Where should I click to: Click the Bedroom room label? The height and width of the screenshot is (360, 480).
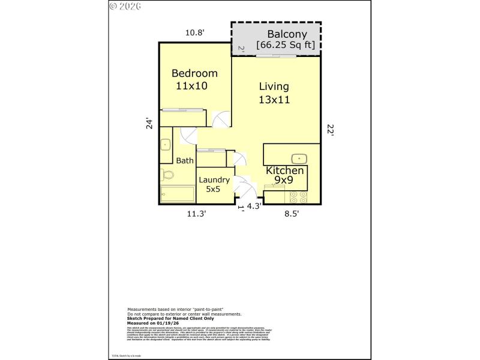tap(194, 73)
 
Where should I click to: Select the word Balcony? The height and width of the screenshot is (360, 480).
tap(287, 34)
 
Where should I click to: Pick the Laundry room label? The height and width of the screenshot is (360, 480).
tap(214, 179)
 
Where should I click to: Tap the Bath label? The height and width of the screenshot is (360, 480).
tap(185, 160)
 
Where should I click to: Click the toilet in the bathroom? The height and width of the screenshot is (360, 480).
tap(167, 175)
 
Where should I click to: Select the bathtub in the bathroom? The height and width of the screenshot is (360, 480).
tap(177, 194)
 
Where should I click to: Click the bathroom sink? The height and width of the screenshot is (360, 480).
tap(165, 145)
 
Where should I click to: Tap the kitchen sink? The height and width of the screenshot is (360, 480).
tap(298, 158)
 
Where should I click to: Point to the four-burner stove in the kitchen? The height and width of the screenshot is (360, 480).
tap(298, 197)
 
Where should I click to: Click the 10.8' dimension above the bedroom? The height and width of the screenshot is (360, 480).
tap(194, 33)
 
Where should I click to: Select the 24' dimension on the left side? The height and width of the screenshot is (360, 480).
tap(150, 123)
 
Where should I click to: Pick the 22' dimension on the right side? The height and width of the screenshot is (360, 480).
tap(330, 129)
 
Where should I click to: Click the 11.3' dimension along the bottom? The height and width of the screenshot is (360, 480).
tap(196, 213)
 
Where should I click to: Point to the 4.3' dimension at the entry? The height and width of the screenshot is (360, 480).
tap(254, 206)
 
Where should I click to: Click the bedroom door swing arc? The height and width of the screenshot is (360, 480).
tap(220, 119)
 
